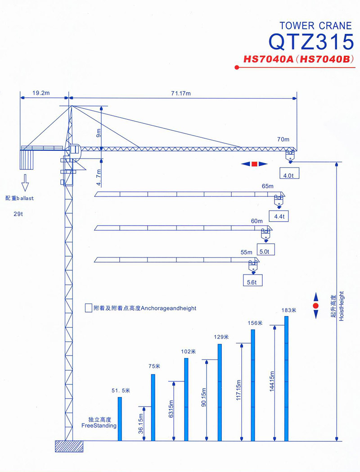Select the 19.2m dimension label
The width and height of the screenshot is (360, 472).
pos(41,93)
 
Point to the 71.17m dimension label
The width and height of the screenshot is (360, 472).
pos(181,93)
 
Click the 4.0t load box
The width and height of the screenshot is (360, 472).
pos(289,173)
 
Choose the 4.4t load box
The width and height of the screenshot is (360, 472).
pos(279,216)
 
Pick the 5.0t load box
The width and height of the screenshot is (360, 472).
pos(266,250)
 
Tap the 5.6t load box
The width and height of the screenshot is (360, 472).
pos(252,280)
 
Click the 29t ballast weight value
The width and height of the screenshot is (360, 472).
pos(18,214)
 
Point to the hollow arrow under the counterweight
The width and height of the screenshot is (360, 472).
pos(25,183)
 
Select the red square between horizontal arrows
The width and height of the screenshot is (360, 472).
pos(254,164)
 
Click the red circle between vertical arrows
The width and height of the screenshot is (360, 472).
pos(316,306)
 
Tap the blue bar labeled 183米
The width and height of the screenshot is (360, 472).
pos(286,378)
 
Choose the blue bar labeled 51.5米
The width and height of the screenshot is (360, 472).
pos(120,419)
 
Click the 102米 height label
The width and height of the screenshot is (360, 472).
pos(188,351)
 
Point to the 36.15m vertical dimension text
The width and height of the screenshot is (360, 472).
pos(141,423)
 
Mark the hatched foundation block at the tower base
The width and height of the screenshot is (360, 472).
pos(69,446)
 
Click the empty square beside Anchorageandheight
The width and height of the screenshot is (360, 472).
pos(88,308)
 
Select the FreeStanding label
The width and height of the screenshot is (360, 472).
pos(99,426)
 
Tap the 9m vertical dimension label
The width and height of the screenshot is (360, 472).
pos(99,133)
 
